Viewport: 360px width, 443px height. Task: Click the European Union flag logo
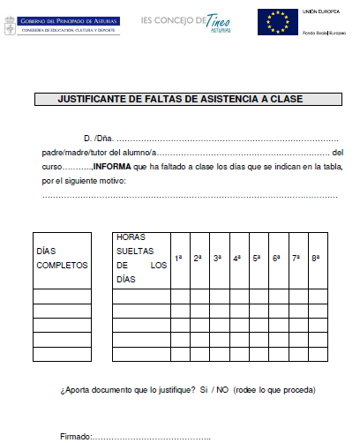(277, 22)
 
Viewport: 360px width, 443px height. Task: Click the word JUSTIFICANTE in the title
(94, 100)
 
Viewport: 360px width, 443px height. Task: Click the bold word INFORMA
(114, 166)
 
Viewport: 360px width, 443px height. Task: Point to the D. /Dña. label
(97, 139)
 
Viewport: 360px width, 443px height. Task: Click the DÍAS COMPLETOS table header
(61, 258)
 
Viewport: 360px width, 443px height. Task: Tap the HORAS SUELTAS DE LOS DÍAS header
(140, 258)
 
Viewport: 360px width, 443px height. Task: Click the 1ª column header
(179, 258)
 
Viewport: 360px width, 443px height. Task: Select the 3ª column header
(218, 258)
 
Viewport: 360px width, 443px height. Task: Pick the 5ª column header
(257, 258)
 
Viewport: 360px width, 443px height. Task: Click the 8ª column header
(316, 258)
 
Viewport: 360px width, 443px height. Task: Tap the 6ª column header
(276, 258)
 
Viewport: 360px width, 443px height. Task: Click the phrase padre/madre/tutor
(72, 154)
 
